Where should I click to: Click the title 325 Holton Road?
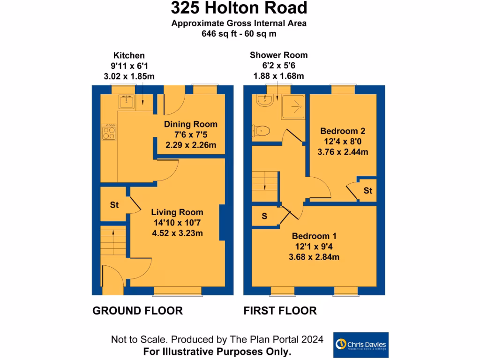tap(239, 8)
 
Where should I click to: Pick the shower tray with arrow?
tap(295, 106)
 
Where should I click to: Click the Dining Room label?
tap(191, 124)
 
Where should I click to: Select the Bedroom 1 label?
tap(314, 236)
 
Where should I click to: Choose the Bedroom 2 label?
tap(342, 131)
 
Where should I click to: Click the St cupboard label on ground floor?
tap(114, 205)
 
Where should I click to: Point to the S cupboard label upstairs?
tap(264, 216)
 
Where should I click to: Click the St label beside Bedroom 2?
tap(368, 191)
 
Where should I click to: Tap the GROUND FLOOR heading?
tap(137, 310)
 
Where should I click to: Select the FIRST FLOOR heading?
tap(280, 310)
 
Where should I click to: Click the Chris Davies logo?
tap(360, 345)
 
